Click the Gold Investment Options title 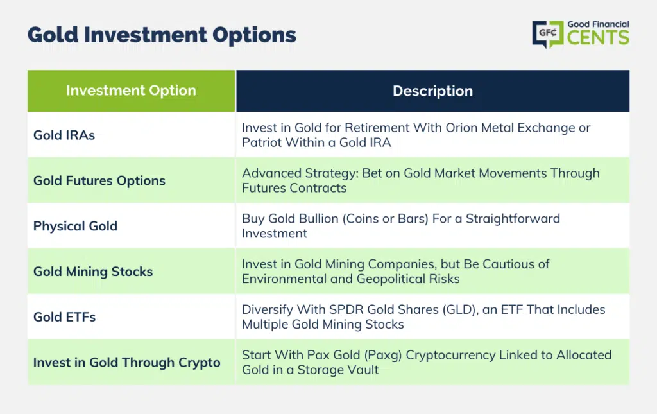click(x=162, y=35)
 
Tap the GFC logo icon click(x=548, y=33)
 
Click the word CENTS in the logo click(x=598, y=37)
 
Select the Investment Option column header click(x=131, y=91)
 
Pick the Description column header click(x=432, y=91)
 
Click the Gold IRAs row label click(x=64, y=135)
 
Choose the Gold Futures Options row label click(x=99, y=180)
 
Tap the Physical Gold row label click(x=76, y=226)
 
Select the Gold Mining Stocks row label click(x=93, y=272)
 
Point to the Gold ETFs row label click(x=65, y=317)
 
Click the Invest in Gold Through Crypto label click(x=126, y=363)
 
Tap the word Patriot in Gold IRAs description click(x=262, y=142)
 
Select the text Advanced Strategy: click(x=300, y=173)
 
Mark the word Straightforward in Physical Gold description click(x=513, y=219)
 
